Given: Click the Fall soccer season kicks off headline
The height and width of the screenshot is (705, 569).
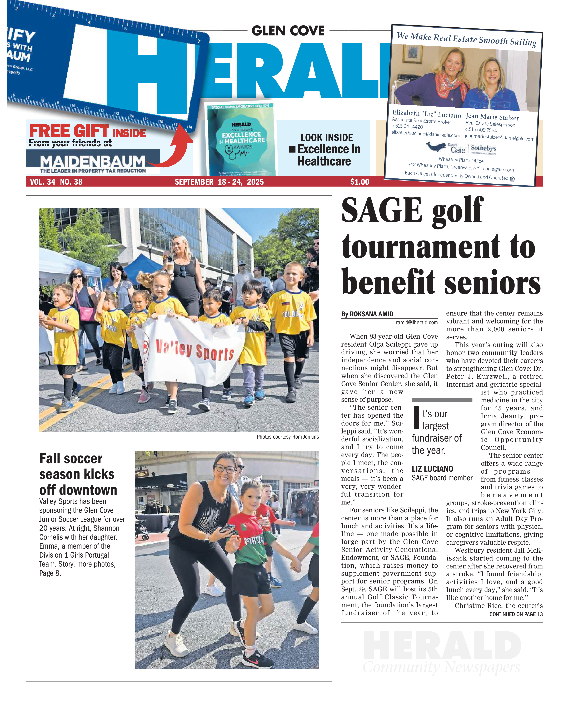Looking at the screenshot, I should tap(78, 474).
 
